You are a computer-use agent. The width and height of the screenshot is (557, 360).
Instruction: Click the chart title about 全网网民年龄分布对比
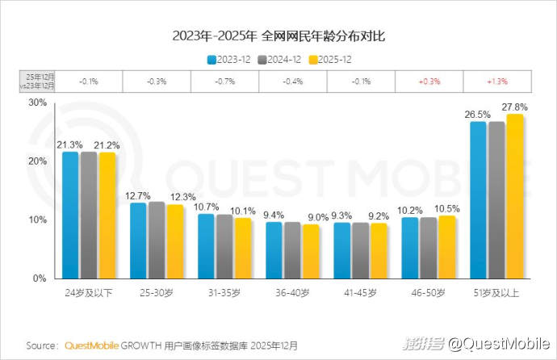pos(278,36)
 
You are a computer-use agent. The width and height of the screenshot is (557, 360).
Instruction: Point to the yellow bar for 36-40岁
pos(310,251)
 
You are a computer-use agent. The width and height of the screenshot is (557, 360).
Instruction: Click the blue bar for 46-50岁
pos(410,248)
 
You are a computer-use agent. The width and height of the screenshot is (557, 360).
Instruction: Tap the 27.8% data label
pos(514,107)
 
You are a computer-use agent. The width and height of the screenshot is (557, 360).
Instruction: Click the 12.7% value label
pos(138,195)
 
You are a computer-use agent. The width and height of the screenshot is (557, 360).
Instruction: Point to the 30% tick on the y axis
pos(36,103)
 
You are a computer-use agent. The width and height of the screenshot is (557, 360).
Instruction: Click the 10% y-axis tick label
pos(36,220)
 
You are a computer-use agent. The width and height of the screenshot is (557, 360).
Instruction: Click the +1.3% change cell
pos(496,81)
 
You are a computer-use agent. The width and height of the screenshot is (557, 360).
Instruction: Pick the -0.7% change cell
pos(224,81)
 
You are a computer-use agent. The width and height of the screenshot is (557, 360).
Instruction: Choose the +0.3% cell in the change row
pos(429,81)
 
